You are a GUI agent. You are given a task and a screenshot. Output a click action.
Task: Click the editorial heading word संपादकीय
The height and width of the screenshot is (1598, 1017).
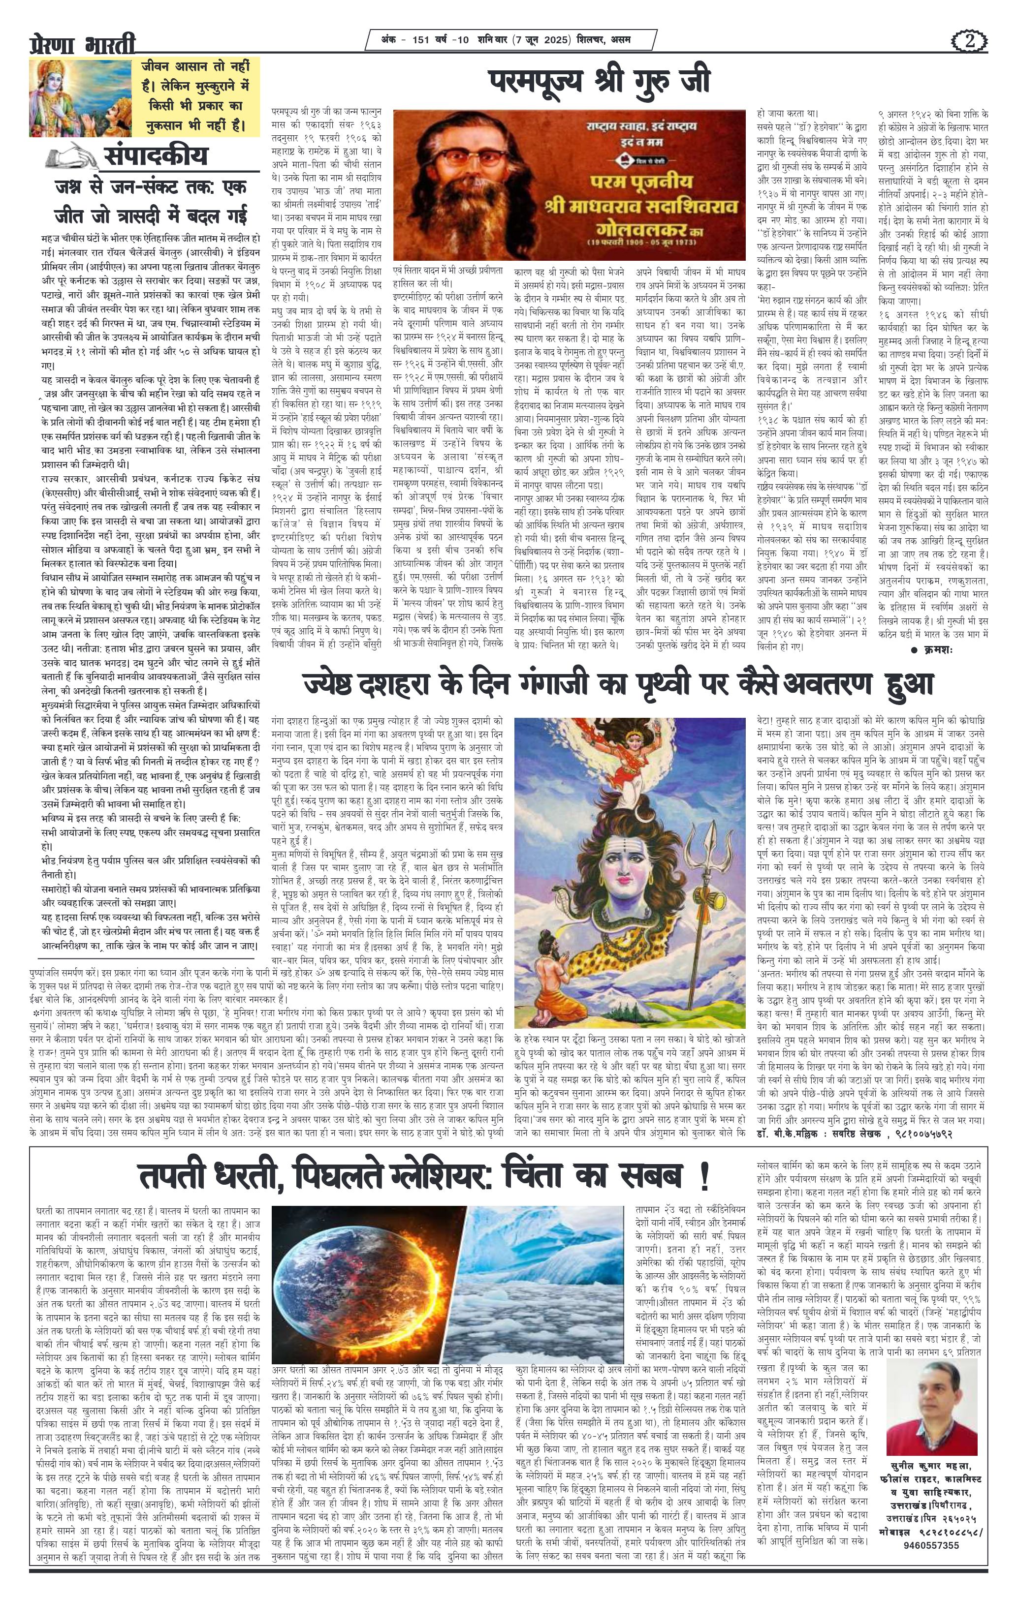(x=156, y=156)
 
